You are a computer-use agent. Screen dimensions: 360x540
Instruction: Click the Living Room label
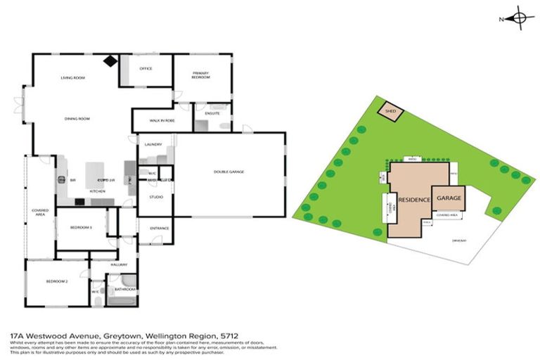point(72,77)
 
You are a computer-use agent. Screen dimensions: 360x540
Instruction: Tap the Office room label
point(146,68)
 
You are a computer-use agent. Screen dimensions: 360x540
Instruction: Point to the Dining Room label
point(78,119)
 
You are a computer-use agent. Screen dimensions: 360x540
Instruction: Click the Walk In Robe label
point(162,121)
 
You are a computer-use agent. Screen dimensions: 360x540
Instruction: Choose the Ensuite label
point(212,112)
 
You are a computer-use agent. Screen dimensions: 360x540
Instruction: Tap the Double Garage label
point(229,172)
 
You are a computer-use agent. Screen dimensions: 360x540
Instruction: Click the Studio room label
point(156,197)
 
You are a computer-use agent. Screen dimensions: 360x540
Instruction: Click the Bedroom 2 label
point(56,281)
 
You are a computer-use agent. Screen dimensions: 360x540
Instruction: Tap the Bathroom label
point(125,289)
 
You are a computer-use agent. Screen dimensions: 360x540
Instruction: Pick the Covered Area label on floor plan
point(39,212)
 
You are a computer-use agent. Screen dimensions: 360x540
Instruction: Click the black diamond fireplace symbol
point(110,61)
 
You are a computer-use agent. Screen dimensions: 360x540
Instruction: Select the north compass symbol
point(518,19)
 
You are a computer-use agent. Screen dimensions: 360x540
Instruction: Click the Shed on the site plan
point(390,111)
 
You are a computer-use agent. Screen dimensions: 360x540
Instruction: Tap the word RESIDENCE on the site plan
point(414,200)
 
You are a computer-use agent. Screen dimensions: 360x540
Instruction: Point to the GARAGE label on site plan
point(449,198)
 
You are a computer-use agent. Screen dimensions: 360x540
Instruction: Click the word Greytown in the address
point(96,337)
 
